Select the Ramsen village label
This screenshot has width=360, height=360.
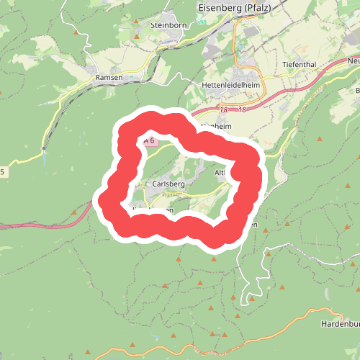click(x=109, y=76)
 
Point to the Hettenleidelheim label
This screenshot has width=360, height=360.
click(x=230, y=84)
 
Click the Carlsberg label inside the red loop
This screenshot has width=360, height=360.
click(x=168, y=184)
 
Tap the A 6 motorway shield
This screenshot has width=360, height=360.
click(x=148, y=141)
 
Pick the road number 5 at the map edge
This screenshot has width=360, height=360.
click(x=2, y=171)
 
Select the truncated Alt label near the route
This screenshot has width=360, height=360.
click(x=220, y=173)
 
